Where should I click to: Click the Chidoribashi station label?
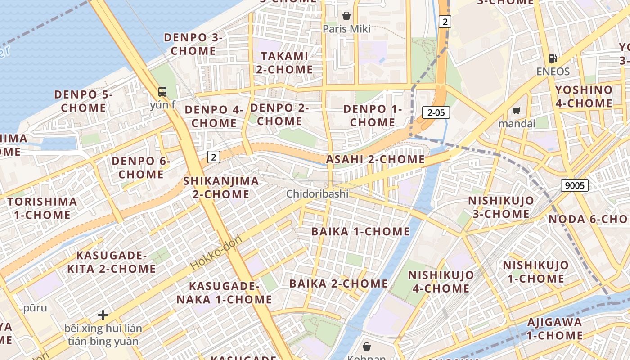point(318,194)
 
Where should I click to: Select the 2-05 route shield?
point(436,112)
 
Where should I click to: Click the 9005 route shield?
point(575,185)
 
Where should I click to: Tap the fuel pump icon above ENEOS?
point(553,58)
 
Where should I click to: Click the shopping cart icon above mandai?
point(517,110)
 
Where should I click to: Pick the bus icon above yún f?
point(162,92)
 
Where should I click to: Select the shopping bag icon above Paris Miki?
point(346,16)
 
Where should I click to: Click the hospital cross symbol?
point(103,315)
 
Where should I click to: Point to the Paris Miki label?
point(346,29)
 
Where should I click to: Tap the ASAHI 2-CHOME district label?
point(375,159)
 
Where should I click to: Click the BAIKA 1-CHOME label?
point(361,232)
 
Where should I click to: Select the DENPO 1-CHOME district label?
point(373,116)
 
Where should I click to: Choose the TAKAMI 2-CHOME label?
point(284,63)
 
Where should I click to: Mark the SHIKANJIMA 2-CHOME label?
point(221,188)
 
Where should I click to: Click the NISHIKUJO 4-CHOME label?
point(441,281)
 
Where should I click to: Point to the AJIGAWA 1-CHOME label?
point(554,328)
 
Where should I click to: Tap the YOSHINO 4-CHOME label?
point(584,97)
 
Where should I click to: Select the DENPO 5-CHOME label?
point(83,101)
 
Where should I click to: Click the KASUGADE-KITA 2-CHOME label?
point(112,262)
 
